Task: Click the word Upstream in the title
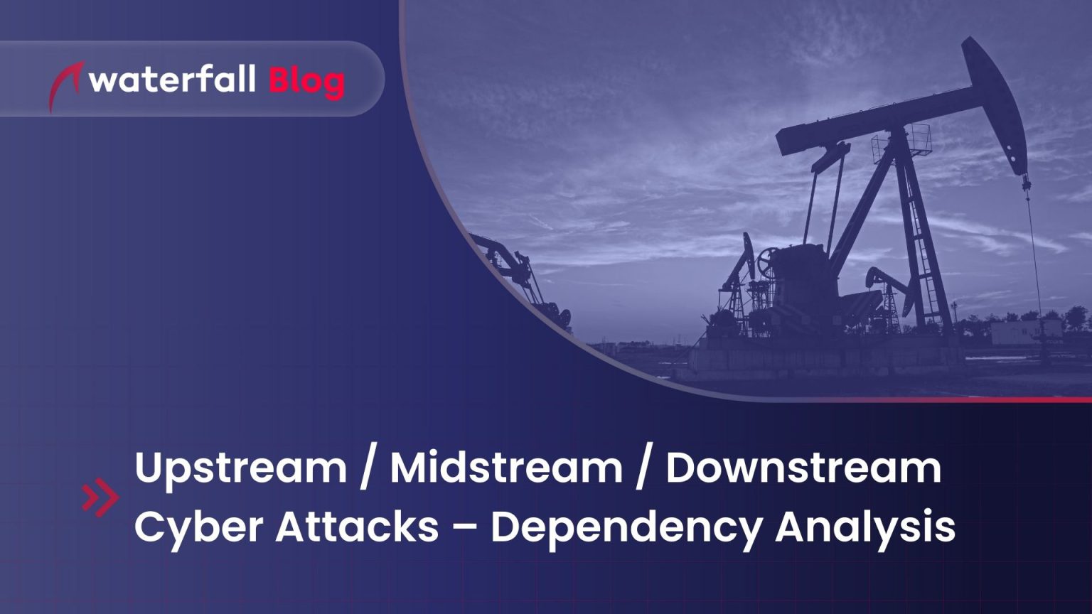pos(240,469)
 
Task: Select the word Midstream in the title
pos(505,469)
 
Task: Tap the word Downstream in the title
pos(803,469)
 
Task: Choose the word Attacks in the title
pos(357,527)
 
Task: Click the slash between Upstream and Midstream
pos(367,469)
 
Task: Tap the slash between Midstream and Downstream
pos(643,469)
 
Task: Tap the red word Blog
pos(306,82)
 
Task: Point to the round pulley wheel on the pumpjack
pos(767,261)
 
